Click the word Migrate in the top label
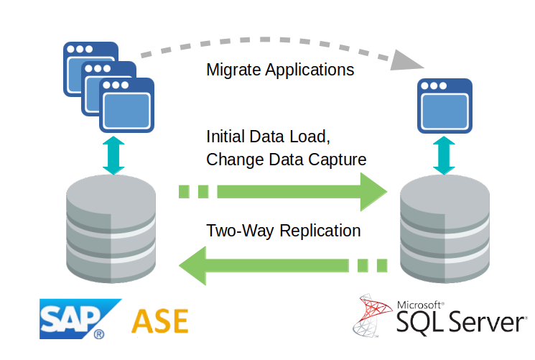tap(233, 70)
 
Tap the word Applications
tap(310, 70)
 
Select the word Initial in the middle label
tap(225, 137)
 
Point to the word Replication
tap(320, 231)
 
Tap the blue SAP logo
tap(80, 319)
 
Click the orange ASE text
tap(159, 320)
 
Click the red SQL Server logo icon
tap(372, 315)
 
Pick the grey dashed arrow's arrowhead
tap(405, 61)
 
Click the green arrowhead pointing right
tap(373, 192)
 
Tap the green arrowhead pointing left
tap(192, 266)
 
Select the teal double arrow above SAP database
tap(113, 155)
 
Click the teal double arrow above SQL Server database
tap(444, 155)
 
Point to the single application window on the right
tap(445, 106)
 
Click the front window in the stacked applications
tap(126, 105)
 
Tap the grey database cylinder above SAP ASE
tap(111, 229)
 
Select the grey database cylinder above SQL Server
tap(445, 229)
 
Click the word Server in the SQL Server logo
tap(487, 322)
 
